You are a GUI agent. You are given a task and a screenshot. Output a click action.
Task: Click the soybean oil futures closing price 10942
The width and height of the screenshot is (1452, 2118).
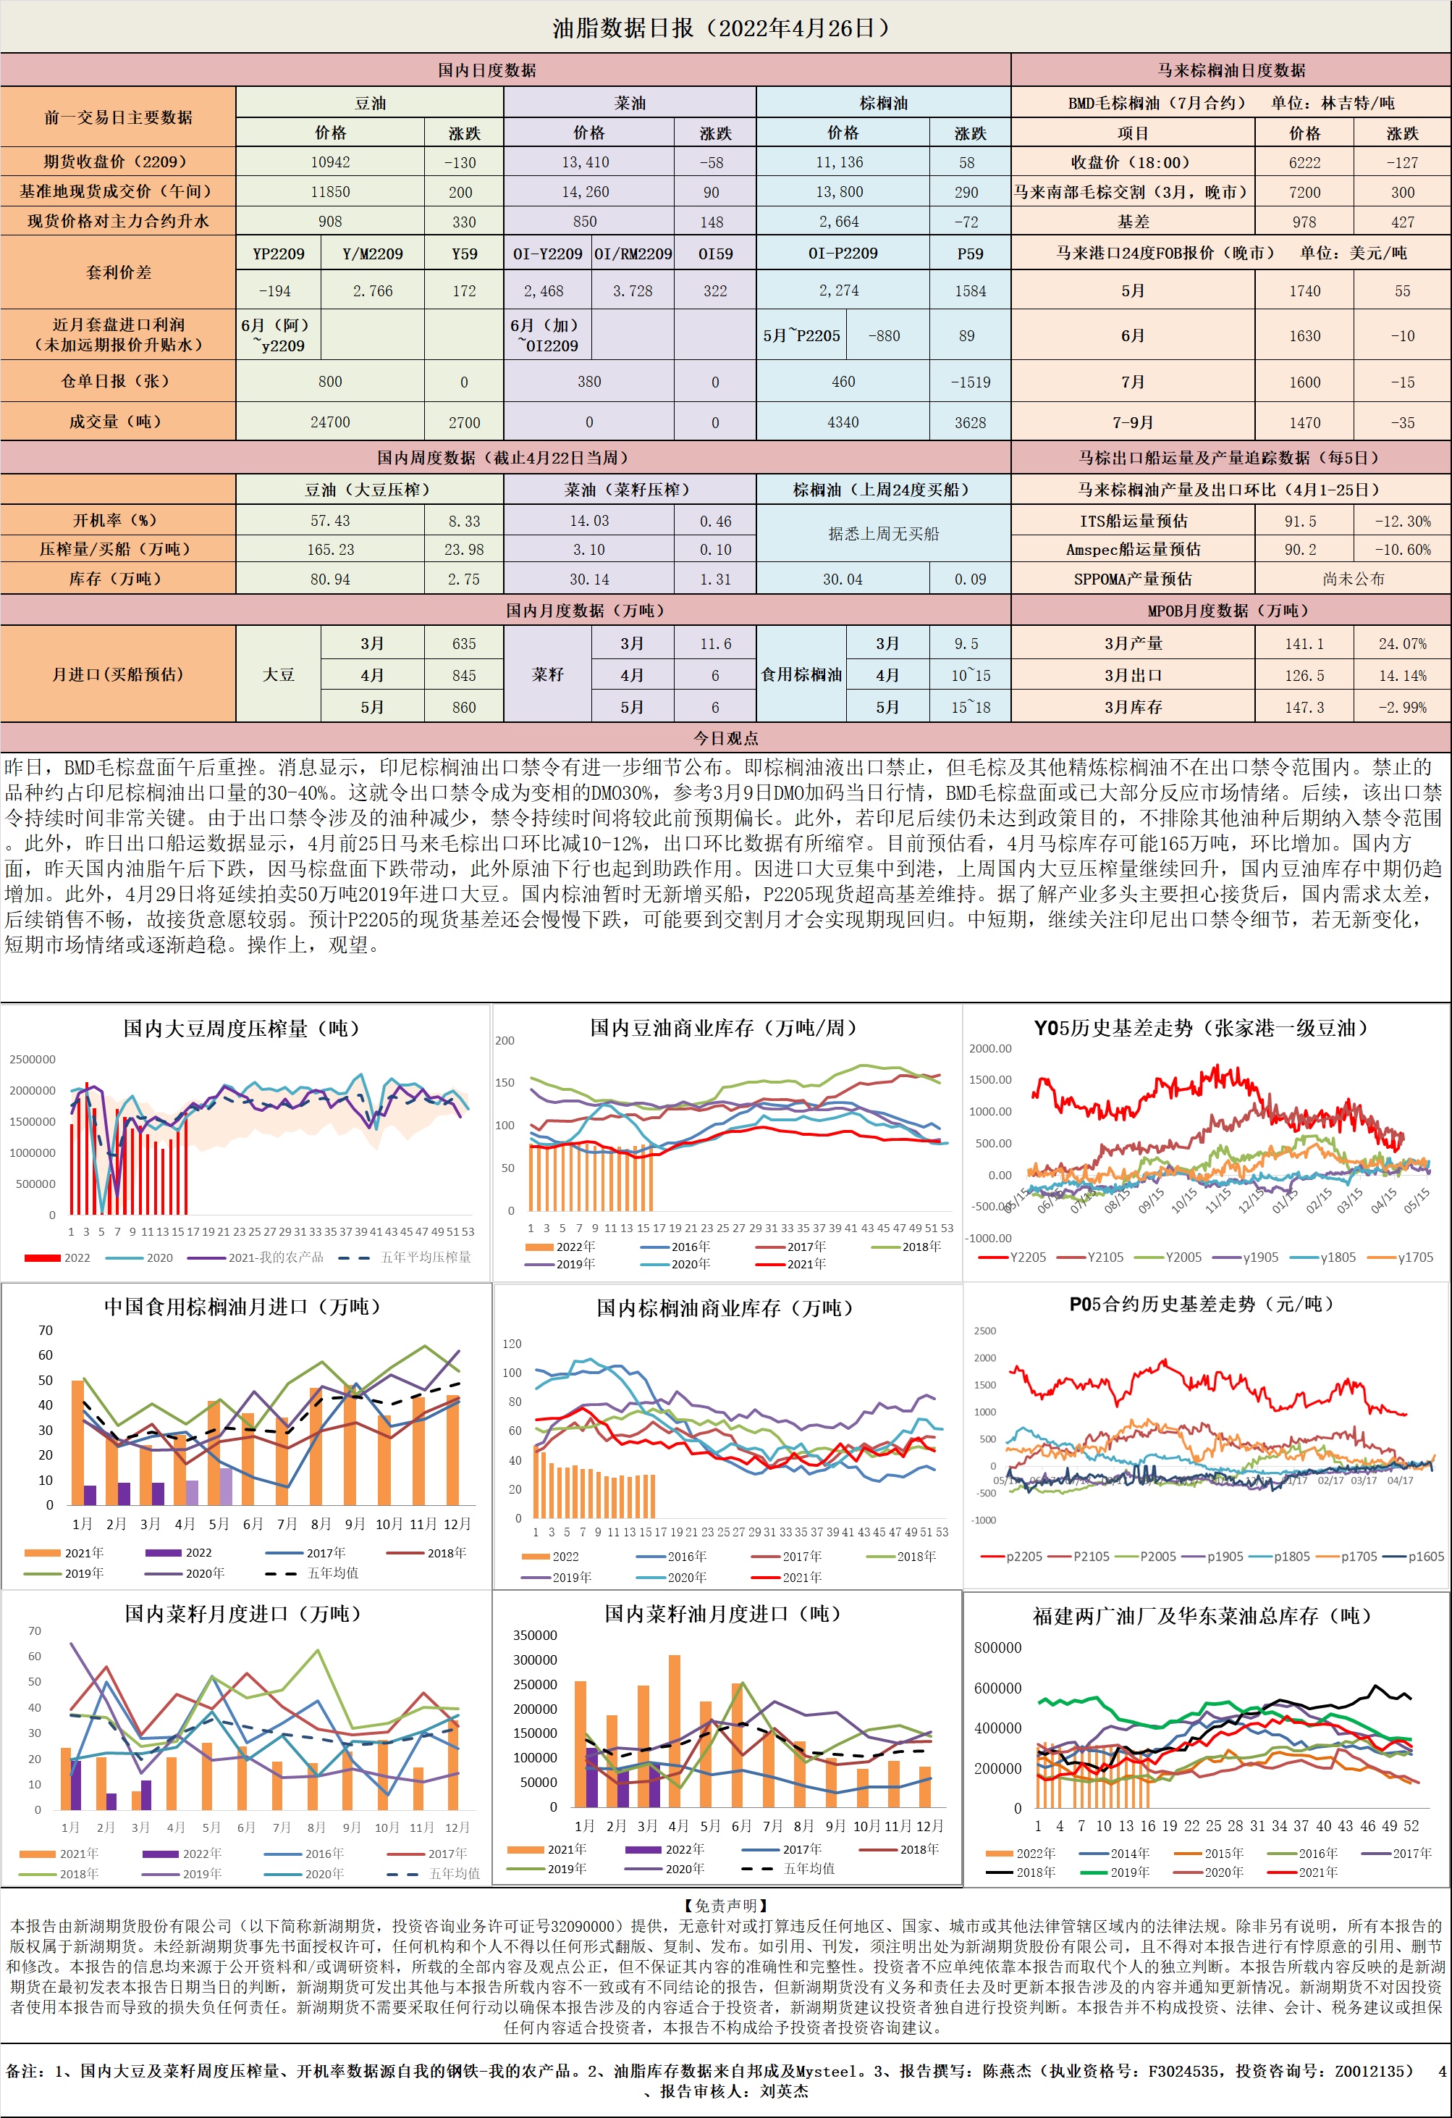pyautogui.click(x=330, y=162)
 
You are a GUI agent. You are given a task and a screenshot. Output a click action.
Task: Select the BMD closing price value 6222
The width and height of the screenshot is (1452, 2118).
pyautogui.click(x=1304, y=162)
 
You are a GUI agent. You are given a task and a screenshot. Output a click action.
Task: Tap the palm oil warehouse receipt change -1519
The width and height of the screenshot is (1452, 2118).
pyautogui.click(x=969, y=382)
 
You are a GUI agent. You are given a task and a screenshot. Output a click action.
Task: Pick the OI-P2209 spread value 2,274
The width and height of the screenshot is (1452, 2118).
pyautogui.click(x=843, y=290)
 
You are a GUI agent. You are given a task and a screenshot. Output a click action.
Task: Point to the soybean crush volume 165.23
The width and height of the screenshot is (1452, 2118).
pyautogui.click(x=330, y=550)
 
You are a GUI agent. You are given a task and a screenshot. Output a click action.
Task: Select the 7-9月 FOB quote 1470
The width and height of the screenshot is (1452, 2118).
pyautogui.click(x=1304, y=423)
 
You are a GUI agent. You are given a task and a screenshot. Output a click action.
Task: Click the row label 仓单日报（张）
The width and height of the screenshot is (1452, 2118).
pyautogui.click(x=117, y=381)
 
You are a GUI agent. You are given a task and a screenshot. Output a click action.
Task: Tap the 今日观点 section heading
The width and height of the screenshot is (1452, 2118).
pyautogui.click(x=725, y=737)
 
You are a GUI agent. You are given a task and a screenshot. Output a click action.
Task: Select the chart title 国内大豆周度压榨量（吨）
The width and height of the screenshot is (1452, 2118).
pyautogui.click(x=242, y=1028)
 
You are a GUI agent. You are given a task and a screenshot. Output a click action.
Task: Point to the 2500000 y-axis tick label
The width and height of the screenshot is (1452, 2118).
pyautogui.click(x=33, y=1059)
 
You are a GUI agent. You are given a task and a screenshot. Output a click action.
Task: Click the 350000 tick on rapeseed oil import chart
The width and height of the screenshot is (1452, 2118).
pyautogui.click(x=535, y=1635)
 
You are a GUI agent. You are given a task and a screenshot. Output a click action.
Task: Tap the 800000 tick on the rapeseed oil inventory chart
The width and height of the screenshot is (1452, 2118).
pyautogui.click(x=997, y=1647)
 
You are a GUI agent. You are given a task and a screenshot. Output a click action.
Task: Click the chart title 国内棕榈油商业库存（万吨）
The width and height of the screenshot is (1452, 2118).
pyautogui.click(x=725, y=1307)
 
